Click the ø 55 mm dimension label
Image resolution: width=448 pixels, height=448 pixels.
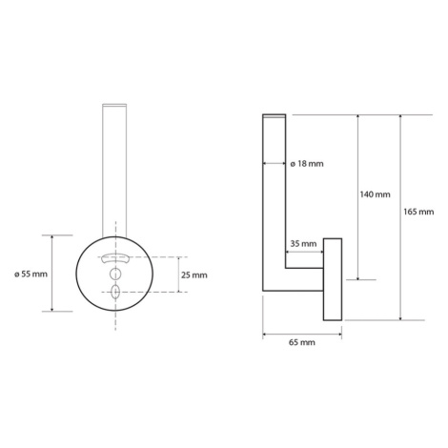pos(31,274)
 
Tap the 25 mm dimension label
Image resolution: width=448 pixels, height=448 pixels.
pos(194,275)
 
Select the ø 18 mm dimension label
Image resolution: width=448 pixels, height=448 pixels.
pos(307,164)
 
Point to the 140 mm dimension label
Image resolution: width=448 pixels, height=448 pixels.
pos(375,194)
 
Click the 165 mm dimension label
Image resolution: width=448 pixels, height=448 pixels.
pos(418,212)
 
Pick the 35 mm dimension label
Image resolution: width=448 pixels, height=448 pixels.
pos(303,244)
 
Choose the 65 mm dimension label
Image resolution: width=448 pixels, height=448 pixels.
pos(302,342)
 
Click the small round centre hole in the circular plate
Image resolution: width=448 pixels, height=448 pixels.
pos(115,273)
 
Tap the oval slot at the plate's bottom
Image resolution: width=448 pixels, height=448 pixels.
pos(115,291)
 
